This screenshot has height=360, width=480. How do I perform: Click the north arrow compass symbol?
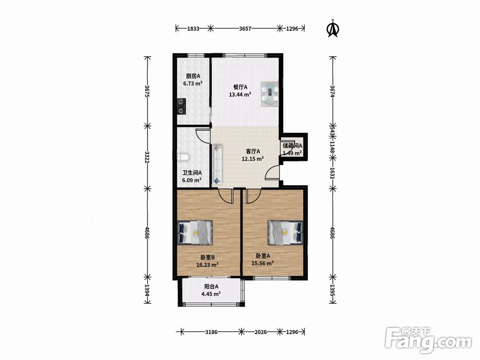[x=334, y=29]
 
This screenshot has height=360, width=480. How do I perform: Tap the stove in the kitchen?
[x=181, y=106]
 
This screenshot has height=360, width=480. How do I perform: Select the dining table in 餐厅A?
[x=270, y=94]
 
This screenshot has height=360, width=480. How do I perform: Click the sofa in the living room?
[x=217, y=165]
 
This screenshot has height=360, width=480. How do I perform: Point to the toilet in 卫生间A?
[x=183, y=157]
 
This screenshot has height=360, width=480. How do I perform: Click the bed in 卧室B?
[x=195, y=232]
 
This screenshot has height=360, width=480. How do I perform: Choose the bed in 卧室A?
[x=285, y=232]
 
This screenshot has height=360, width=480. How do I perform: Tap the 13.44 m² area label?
[x=240, y=95]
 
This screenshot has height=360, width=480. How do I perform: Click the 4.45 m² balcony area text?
[x=211, y=294]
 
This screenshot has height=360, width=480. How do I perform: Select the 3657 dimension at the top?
[x=245, y=29]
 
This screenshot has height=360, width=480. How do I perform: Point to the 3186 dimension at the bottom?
[x=211, y=332]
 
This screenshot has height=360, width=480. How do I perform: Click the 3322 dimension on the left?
[x=147, y=157]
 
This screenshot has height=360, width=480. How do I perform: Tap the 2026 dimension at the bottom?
[x=261, y=332]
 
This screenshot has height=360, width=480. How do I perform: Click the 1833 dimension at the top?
[x=193, y=29]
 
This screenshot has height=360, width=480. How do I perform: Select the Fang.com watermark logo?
[x=428, y=340]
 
